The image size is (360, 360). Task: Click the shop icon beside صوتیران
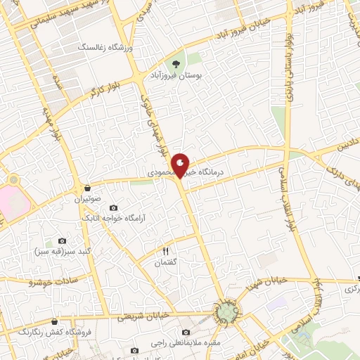coord(87,188)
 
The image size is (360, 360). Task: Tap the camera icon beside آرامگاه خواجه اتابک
coord(114,208)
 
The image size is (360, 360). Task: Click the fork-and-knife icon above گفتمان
coord(167,250)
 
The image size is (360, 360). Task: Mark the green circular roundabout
coord(229,309)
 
